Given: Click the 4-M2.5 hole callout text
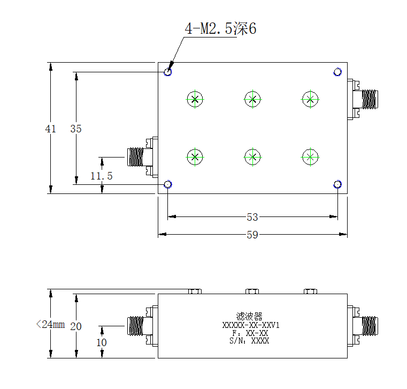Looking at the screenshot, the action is pos(220,28).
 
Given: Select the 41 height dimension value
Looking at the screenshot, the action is pos(50,129).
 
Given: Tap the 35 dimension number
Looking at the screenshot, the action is pos(76,129).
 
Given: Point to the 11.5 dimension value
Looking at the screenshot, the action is pos(102,176).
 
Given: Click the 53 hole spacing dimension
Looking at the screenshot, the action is pos(252,217).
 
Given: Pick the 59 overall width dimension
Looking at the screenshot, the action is pos(252,235).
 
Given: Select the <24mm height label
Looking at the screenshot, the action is pos(50,324).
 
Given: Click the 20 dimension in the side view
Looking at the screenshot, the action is pos(76,326).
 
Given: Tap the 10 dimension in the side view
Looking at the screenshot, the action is pos(102,342).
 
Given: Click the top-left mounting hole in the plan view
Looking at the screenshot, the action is pos(168,72).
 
